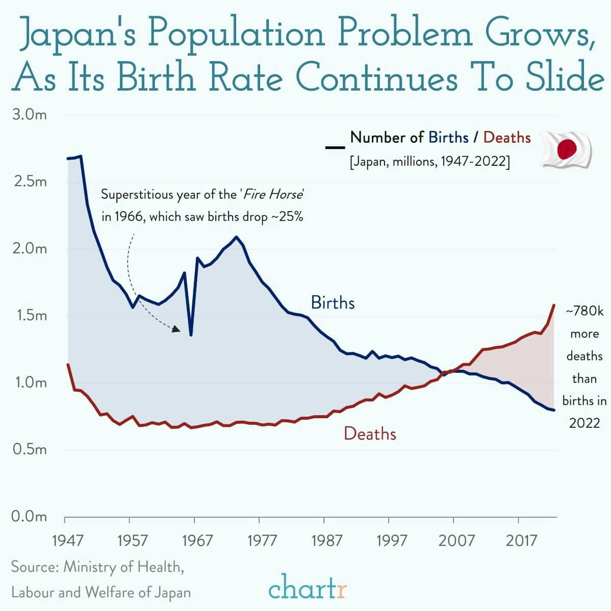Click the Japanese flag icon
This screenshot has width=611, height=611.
click(566, 149)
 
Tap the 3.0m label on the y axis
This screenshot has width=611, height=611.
click(29, 114)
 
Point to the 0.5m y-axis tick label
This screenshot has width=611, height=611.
click(29, 449)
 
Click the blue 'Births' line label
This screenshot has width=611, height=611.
click(333, 302)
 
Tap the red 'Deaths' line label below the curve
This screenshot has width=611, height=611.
click(370, 434)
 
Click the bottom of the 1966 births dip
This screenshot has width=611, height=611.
click(191, 335)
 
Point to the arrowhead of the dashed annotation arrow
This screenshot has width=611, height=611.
click(176, 329)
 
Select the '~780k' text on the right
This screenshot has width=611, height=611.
click(584, 311)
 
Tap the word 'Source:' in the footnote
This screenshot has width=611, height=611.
click(34, 567)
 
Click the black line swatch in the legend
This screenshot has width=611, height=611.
click(335, 147)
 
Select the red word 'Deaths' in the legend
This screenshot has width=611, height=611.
click(507, 137)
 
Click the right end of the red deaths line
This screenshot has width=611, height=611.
click(554, 305)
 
